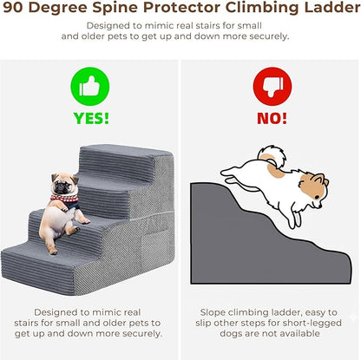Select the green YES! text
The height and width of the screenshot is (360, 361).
[89, 118]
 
